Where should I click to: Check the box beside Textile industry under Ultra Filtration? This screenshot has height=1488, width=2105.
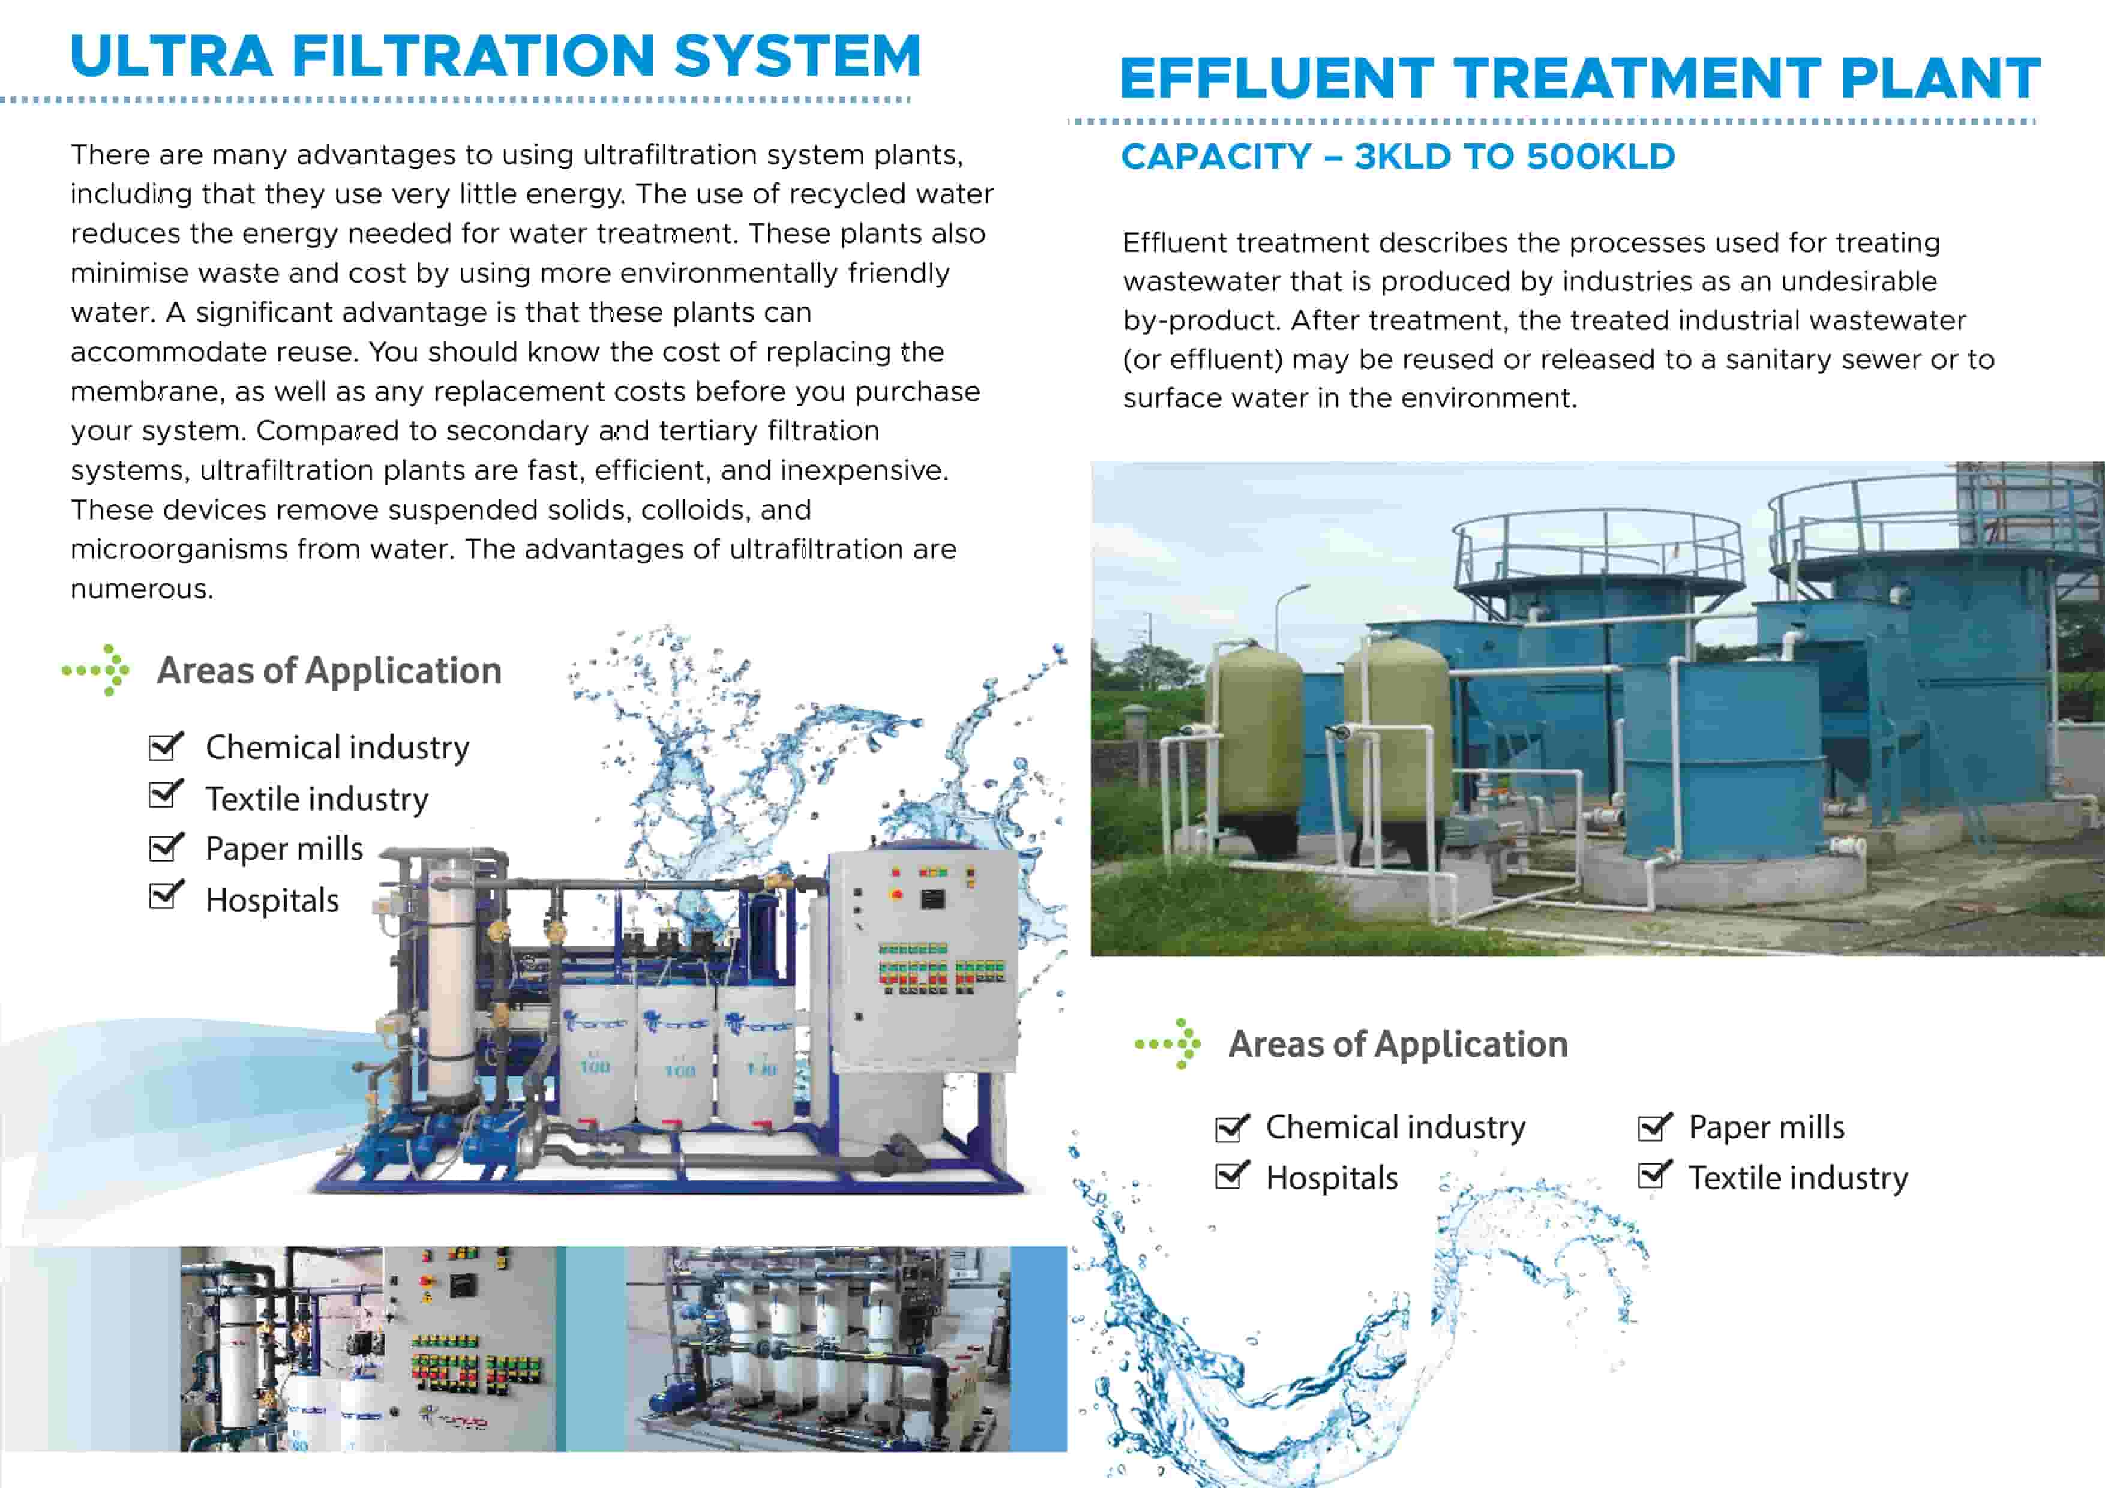tap(166, 794)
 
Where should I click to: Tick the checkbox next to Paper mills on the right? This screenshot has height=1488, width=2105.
tap(1655, 1127)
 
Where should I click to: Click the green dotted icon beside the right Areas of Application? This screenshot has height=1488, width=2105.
tap(1168, 1043)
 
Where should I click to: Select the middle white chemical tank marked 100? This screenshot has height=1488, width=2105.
tap(677, 1054)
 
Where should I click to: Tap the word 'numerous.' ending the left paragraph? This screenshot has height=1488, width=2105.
tap(142, 589)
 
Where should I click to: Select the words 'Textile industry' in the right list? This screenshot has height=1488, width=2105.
tap(1798, 1177)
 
